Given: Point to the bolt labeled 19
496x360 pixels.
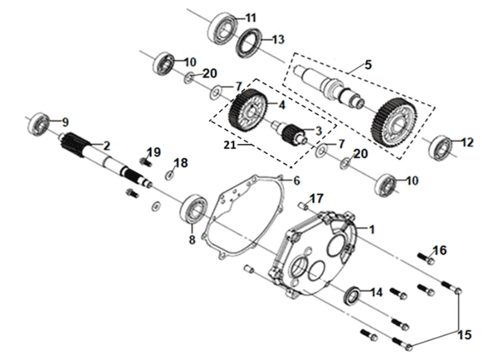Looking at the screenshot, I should pyautogui.click(x=144, y=161).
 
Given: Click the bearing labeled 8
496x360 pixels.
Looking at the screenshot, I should pyautogui.click(x=195, y=208).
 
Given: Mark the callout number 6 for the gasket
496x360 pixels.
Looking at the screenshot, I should pyautogui.click(x=297, y=180).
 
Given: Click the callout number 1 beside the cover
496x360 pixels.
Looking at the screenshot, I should pyautogui.click(x=372, y=230).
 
